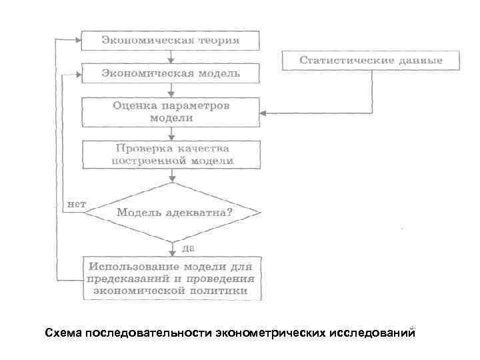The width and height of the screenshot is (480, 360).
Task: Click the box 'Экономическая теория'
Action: point(171,41)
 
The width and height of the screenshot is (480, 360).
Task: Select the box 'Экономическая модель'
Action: point(171,73)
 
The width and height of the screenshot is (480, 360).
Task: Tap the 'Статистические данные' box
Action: point(371,61)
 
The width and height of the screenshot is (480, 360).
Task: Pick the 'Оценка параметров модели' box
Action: point(171,111)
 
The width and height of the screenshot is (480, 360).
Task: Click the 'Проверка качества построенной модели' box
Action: point(171,154)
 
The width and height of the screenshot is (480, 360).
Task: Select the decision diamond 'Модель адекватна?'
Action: point(173,213)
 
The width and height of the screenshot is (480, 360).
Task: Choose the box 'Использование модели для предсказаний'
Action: point(172,277)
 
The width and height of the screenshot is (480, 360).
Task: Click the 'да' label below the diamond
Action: point(187,247)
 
